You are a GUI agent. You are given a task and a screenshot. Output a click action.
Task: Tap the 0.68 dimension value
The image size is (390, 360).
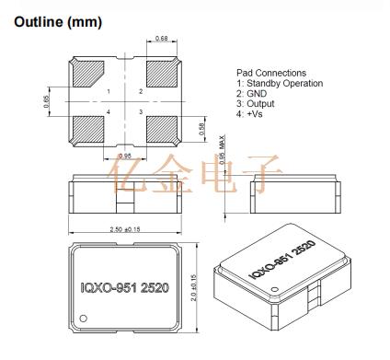pyautogui.click(x=162, y=39)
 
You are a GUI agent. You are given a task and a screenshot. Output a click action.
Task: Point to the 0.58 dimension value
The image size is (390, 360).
pyautogui.click(x=201, y=130)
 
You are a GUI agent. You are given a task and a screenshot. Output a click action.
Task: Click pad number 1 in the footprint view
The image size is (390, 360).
pyautogui.click(x=109, y=91)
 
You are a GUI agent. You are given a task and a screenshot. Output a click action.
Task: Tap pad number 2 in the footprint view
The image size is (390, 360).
pyautogui.click(x=141, y=91)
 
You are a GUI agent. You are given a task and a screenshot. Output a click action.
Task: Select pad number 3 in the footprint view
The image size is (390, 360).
pyautogui.click(x=141, y=112)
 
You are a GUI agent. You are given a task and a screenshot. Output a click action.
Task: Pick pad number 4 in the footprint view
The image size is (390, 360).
pyautogui.click(x=109, y=112)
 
